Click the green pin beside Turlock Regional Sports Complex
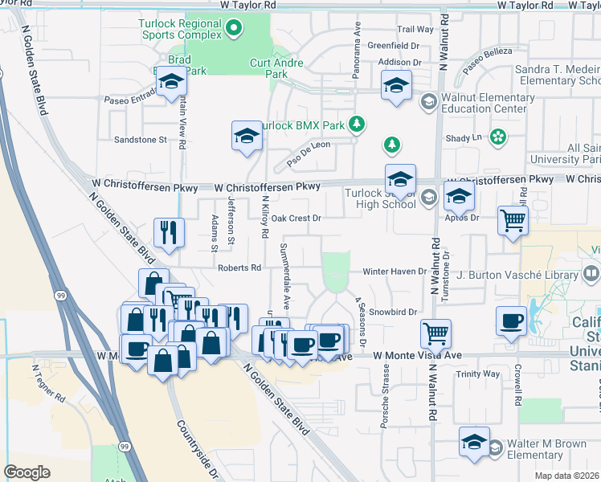(234, 29)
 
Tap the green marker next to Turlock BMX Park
(360, 125)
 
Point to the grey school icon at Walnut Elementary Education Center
(427, 100)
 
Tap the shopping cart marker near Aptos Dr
(513, 219)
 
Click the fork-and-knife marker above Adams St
(169, 233)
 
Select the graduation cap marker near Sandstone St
(247, 136)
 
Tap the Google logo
(27, 472)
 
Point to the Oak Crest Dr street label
(296, 218)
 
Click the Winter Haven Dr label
(394, 272)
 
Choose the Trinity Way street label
(477, 374)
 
